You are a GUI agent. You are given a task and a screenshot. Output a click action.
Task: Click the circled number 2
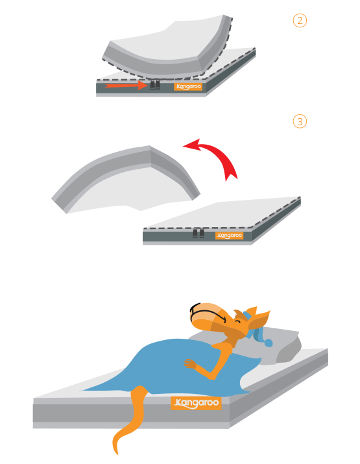[300, 21]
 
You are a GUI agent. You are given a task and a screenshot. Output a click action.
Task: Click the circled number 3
[300, 121]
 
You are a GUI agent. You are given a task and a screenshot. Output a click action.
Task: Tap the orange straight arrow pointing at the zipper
[126, 85]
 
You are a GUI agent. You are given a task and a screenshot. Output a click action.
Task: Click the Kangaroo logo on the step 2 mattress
[188, 87]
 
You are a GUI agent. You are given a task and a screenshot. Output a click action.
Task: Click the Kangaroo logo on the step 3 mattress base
[229, 236]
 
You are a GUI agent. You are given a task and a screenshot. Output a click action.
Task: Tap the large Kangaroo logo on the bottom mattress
[196, 403]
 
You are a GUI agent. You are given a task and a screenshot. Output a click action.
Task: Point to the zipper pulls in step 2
[155, 84]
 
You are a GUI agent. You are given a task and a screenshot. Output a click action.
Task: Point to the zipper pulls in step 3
[198, 233]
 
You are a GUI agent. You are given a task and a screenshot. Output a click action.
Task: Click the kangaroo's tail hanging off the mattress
[130, 421]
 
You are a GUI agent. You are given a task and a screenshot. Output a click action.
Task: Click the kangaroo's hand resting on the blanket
[190, 364]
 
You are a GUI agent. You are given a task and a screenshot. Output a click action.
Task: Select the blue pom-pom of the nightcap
[269, 343]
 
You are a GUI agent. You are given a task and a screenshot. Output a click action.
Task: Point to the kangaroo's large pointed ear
[259, 320]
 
